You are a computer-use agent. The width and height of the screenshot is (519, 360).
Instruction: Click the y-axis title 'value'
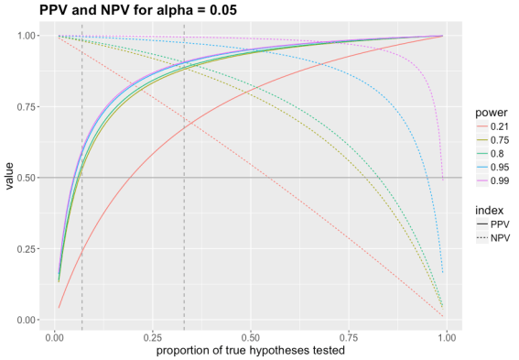tap(10, 177)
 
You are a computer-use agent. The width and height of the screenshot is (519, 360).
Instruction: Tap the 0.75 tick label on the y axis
tap(28, 106)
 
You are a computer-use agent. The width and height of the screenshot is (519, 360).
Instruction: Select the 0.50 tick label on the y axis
tap(28, 178)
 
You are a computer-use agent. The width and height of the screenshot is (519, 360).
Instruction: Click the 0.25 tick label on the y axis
tap(28, 248)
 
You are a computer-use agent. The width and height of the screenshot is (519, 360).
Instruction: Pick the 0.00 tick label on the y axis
tap(28, 320)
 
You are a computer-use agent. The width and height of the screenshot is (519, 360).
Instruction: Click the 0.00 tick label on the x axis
tap(54, 337)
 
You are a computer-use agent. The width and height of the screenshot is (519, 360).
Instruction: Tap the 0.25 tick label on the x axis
tap(152, 337)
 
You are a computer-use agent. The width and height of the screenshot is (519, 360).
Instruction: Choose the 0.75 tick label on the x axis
tap(349, 337)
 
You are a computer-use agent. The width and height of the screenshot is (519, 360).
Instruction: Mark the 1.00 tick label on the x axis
tap(447, 337)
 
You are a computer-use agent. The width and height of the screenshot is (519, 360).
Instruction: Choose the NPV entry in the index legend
tap(495, 238)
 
